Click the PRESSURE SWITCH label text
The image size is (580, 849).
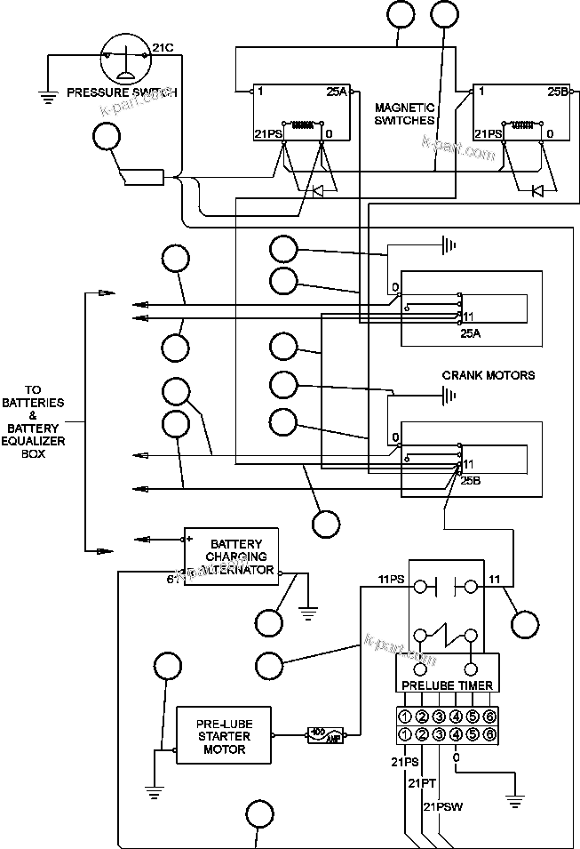(x=122, y=92)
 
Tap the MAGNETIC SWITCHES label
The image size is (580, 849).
(x=404, y=113)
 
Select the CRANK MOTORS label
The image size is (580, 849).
(x=489, y=375)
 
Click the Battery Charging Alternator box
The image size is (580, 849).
(x=231, y=557)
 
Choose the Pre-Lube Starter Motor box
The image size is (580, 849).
(x=224, y=736)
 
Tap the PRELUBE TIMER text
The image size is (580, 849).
(x=448, y=685)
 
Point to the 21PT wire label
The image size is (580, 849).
(x=421, y=783)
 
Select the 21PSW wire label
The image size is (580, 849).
(x=441, y=806)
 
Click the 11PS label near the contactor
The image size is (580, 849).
(x=391, y=580)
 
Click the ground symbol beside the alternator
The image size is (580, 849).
(x=309, y=611)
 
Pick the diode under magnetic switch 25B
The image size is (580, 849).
(x=536, y=190)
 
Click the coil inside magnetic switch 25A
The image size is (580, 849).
(x=304, y=124)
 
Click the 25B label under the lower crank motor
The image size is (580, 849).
(x=471, y=480)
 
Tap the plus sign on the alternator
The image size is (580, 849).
(x=189, y=538)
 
